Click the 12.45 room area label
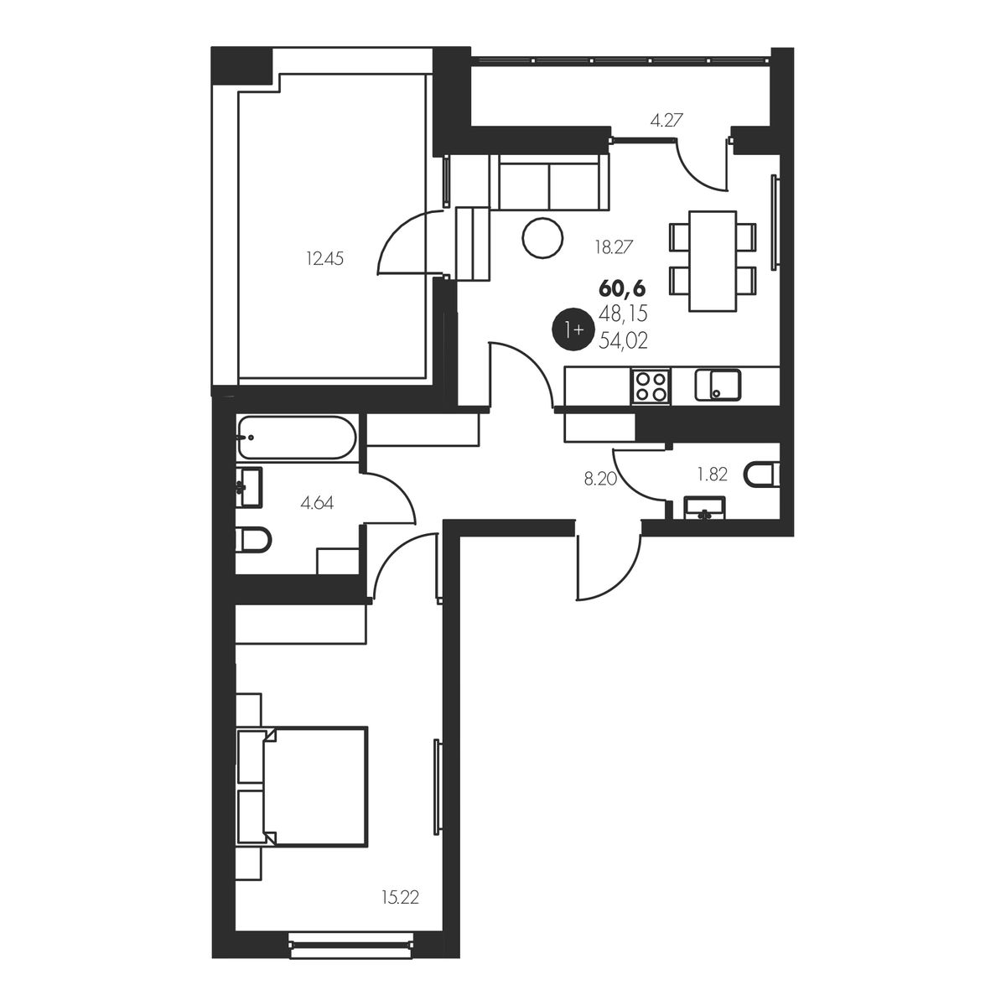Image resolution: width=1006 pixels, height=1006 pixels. pyautogui.click(x=324, y=258)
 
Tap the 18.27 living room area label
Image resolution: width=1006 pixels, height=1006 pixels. pyautogui.click(x=614, y=246)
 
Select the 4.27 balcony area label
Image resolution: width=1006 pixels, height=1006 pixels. pyautogui.click(x=666, y=121)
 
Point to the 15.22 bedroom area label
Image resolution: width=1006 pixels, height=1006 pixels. pyautogui.click(x=401, y=898)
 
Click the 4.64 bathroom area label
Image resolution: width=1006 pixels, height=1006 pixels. pyautogui.click(x=317, y=503)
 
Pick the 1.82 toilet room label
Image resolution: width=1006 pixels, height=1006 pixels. pyautogui.click(x=712, y=474)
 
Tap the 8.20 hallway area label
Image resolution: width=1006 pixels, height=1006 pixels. pyautogui.click(x=600, y=479)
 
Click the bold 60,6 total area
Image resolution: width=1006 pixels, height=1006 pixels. pyautogui.click(x=622, y=288)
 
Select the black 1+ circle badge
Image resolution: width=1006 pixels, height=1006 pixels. pyautogui.click(x=573, y=329)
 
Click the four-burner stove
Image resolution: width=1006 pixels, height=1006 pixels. pyautogui.click(x=651, y=386)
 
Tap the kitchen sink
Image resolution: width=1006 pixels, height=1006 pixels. pyautogui.click(x=718, y=385)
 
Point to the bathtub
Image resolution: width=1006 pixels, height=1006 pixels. pyautogui.click(x=296, y=438)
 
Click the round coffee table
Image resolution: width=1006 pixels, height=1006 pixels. pyautogui.click(x=542, y=238)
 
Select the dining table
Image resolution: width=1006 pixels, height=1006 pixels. pyautogui.click(x=712, y=261)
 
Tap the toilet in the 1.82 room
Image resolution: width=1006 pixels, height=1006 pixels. pyautogui.click(x=763, y=474)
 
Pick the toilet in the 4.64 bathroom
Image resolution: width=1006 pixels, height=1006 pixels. pyautogui.click(x=254, y=540)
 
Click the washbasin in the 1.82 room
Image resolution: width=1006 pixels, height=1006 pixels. pyautogui.click(x=704, y=508)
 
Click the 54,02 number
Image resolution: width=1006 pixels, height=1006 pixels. pyautogui.click(x=624, y=341)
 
